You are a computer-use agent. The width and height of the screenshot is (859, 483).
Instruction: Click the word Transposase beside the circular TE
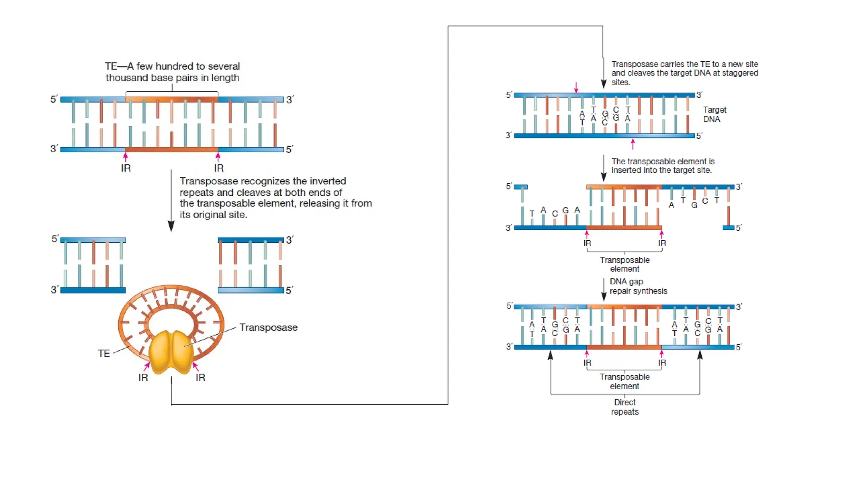point(268,327)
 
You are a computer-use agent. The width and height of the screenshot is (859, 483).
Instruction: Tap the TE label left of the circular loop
point(104,353)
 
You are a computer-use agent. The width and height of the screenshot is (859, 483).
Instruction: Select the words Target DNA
point(714,114)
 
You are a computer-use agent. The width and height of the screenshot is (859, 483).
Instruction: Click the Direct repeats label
point(625,407)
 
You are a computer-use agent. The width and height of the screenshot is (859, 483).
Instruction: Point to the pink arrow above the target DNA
point(576,87)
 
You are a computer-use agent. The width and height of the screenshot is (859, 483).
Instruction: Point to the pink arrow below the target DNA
point(633,144)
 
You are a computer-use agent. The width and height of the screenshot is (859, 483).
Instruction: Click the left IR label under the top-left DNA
point(126,168)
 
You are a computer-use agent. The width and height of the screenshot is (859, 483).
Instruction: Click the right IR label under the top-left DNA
point(219,168)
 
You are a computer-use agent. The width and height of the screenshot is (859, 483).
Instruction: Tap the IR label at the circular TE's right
point(200,378)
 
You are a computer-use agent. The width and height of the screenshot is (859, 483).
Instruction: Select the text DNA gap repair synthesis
point(638,286)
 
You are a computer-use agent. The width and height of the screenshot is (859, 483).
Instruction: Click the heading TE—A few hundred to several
point(172,66)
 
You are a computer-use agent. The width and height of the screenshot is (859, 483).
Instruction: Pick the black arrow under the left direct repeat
point(550,356)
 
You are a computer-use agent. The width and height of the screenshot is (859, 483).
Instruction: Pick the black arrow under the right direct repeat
point(700,356)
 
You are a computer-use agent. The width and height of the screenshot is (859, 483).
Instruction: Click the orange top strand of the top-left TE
point(172,99)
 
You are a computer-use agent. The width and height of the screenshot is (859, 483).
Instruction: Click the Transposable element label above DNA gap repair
point(625,264)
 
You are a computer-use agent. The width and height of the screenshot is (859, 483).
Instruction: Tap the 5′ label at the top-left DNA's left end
point(54,99)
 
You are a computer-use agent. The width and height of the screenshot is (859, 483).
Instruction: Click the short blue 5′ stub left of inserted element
point(521,187)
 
